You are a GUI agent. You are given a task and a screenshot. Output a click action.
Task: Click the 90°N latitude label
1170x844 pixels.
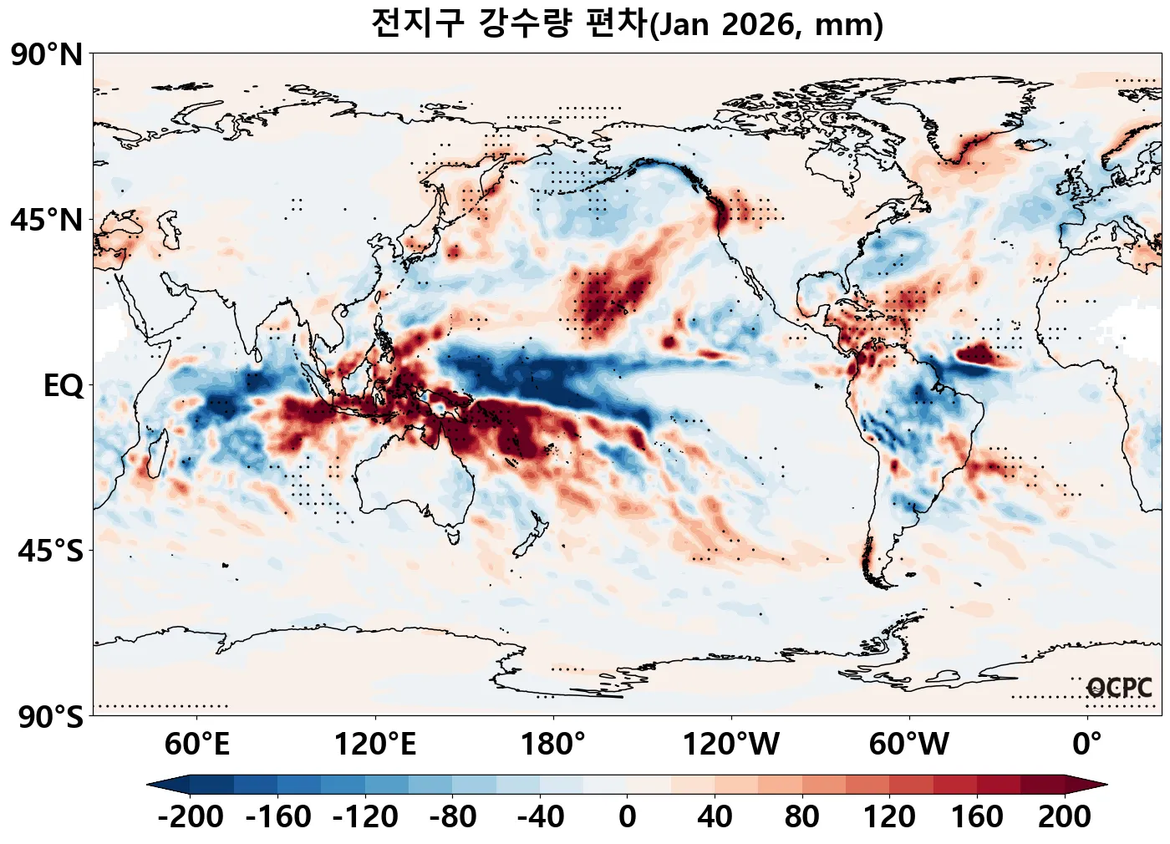click(47, 55)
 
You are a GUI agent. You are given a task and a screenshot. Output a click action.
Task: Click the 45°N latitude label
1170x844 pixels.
click(47, 221)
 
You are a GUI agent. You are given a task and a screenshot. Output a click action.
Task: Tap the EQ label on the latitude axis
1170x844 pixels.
click(64, 386)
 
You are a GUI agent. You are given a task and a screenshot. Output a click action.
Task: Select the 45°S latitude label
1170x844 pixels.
click(50, 552)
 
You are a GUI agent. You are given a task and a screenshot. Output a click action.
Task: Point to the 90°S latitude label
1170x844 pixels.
click(50, 717)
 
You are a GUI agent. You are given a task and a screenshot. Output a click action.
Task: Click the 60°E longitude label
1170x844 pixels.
click(196, 743)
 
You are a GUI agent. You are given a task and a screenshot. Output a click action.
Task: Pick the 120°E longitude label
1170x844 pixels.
click(374, 743)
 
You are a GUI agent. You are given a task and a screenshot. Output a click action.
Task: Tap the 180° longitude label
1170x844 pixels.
click(552, 743)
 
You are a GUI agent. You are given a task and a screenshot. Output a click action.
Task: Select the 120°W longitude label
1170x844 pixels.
click(730, 743)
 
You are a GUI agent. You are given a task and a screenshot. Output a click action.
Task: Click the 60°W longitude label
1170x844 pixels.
click(908, 743)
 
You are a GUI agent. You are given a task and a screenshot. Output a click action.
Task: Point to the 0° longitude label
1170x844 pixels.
click(1086, 743)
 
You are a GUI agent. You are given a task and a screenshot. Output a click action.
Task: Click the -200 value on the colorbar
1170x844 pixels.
click(191, 816)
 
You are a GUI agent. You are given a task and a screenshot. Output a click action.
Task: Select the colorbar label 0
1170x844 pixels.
click(627, 816)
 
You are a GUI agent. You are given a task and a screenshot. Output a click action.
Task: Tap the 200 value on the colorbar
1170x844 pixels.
click(1064, 816)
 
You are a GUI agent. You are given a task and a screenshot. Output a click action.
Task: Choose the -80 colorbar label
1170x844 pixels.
click(452, 816)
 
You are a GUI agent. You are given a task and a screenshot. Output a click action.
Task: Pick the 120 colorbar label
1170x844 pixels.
click(889, 816)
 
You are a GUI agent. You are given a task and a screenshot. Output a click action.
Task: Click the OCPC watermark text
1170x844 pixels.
click(1119, 688)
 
